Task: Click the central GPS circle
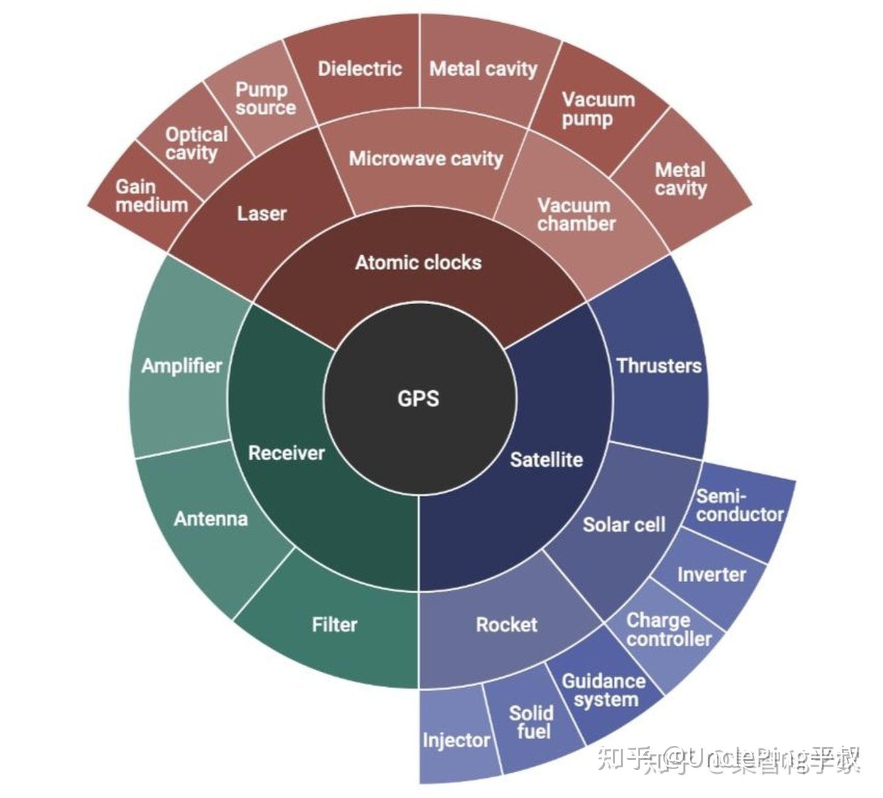click(x=419, y=398)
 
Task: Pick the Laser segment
click(x=262, y=213)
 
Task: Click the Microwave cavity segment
click(x=426, y=159)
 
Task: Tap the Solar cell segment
click(x=624, y=525)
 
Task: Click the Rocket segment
click(x=506, y=624)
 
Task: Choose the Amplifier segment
click(x=182, y=366)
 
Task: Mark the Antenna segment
click(x=211, y=519)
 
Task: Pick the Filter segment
click(x=334, y=624)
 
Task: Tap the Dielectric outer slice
click(x=359, y=68)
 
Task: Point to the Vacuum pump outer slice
click(x=598, y=109)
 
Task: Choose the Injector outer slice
click(x=456, y=740)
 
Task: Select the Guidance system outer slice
click(x=604, y=691)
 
